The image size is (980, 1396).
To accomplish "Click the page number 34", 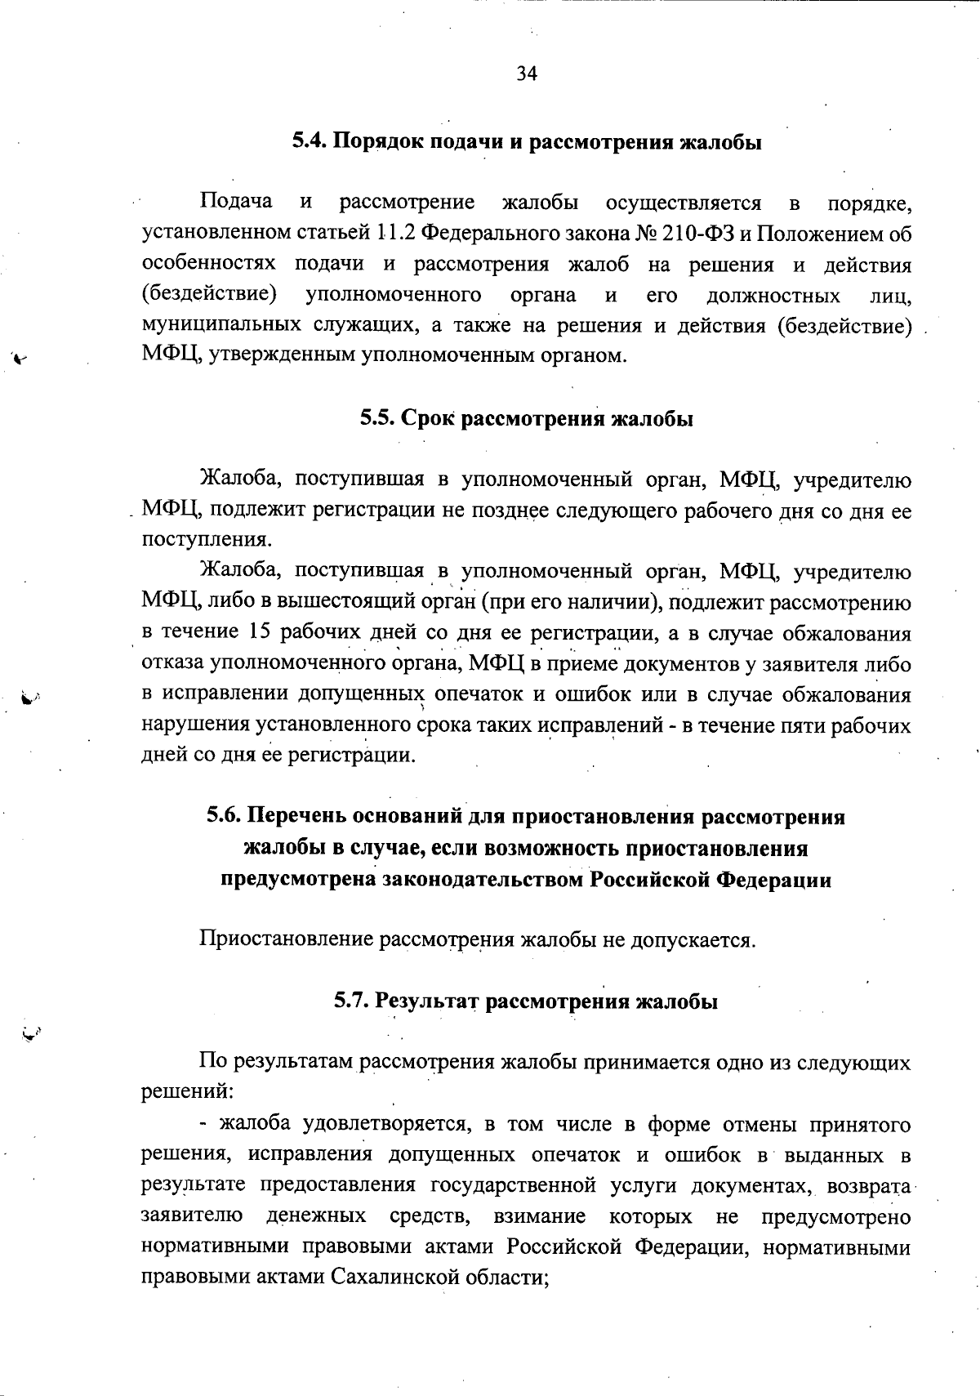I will (x=527, y=74).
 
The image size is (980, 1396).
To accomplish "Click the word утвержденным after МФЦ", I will (x=283, y=356).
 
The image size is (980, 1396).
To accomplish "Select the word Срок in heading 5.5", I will (x=430, y=419).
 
